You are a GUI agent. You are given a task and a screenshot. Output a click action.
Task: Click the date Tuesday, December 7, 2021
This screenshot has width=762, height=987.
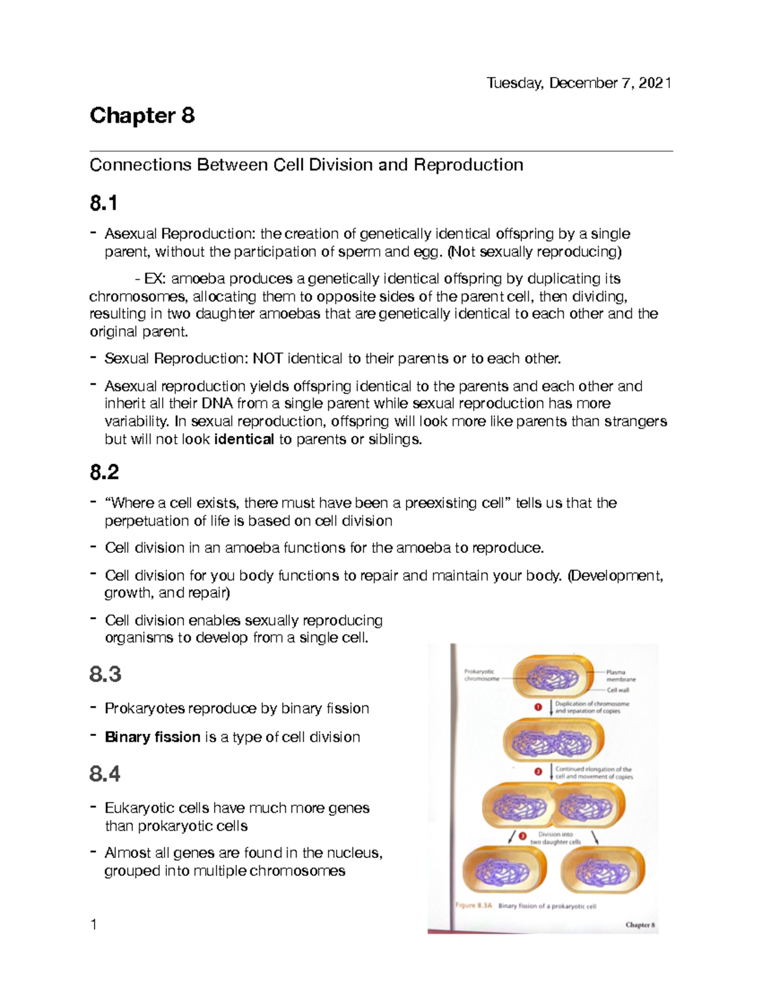(x=578, y=83)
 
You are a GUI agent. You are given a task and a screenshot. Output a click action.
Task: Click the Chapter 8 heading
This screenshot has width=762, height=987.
(x=142, y=116)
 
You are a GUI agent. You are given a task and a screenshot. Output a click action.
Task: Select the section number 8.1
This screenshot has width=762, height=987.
(x=104, y=203)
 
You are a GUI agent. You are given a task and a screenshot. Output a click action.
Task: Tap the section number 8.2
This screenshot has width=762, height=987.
(x=104, y=472)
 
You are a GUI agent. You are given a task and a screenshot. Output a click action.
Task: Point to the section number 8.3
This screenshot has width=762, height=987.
(x=105, y=674)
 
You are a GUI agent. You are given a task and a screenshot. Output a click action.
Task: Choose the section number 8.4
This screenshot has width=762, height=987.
(x=105, y=774)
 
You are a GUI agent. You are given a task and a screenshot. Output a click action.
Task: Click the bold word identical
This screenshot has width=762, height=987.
(x=244, y=439)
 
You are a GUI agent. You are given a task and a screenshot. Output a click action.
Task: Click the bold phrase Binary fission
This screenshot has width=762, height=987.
(x=152, y=737)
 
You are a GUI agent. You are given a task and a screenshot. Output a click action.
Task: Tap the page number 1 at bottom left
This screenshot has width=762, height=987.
(x=94, y=925)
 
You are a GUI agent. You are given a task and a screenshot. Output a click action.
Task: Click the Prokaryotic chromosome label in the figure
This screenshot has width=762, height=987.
(x=481, y=675)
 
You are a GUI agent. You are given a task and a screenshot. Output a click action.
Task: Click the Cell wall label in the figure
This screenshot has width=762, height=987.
(x=617, y=690)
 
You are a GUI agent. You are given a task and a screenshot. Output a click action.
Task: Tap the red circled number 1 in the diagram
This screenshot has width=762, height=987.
(x=538, y=707)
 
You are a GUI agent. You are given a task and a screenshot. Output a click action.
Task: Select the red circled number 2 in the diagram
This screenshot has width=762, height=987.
(x=538, y=772)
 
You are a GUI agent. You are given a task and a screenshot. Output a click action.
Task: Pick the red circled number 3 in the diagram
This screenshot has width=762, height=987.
(x=523, y=837)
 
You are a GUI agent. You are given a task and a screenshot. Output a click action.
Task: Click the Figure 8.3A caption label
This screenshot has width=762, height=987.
(x=474, y=906)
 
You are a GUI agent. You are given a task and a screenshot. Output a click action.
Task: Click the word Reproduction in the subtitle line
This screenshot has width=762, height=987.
(x=469, y=165)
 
